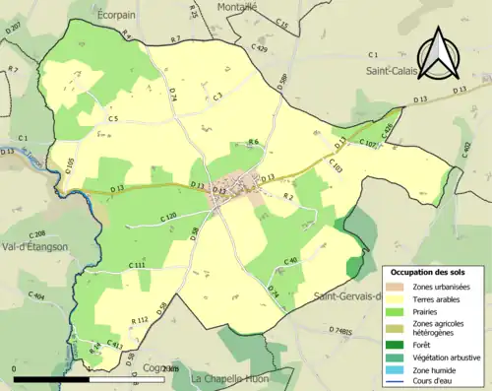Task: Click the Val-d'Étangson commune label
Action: (x=34, y=247)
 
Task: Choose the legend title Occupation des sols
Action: (x=428, y=271)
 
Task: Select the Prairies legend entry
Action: (x=426, y=310)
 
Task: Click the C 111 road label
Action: (x=137, y=266)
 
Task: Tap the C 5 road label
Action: (x=113, y=119)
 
